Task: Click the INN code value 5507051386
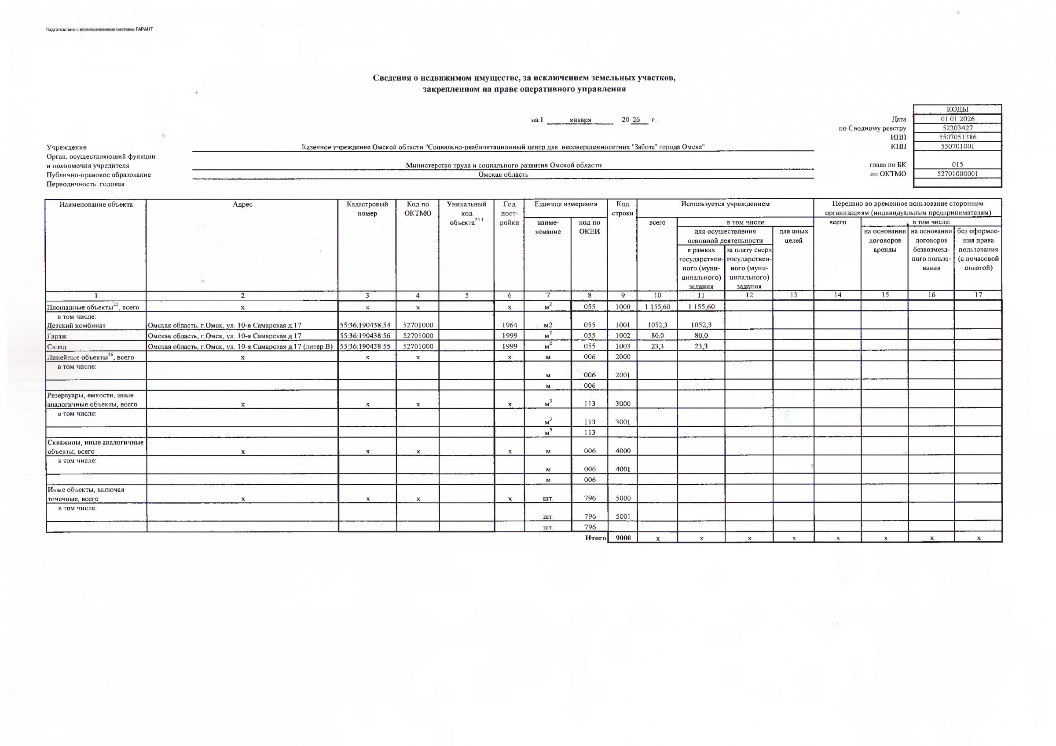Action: pyautogui.click(x=957, y=137)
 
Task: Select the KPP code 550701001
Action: pyautogui.click(x=957, y=146)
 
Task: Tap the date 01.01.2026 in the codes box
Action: pyautogui.click(x=957, y=119)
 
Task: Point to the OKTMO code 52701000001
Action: pyautogui.click(x=957, y=174)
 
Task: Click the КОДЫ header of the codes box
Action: pyautogui.click(x=957, y=109)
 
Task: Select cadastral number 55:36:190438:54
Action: pyautogui.click(x=365, y=325)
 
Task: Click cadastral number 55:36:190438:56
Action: pyautogui.click(x=365, y=336)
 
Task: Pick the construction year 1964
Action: pyautogui.click(x=510, y=325)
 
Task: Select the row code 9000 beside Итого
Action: pyautogui.click(x=623, y=538)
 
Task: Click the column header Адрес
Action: pyautogui.click(x=242, y=204)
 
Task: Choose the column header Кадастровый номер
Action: pyautogui.click(x=367, y=209)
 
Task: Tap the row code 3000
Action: pyautogui.click(x=623, y=404)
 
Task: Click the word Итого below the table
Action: pyautogui.click(x=596, y=538)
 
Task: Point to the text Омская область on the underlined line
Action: pyautogui.click(x=503, y=175)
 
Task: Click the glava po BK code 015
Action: pyautogui.click(x=957, y=164)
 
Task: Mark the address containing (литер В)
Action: pyautogui.click(x=240, y=346)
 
